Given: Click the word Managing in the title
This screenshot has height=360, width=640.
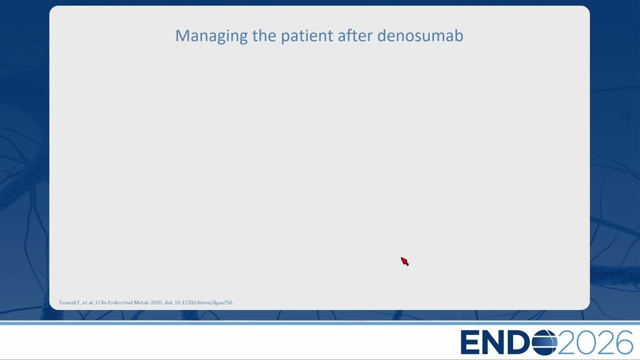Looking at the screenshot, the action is point(211,36).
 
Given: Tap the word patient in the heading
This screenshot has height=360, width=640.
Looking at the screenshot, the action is point(307,36).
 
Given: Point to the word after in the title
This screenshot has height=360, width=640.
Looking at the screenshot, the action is point(355,35).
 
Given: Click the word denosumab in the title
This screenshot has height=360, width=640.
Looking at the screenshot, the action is point(420,35).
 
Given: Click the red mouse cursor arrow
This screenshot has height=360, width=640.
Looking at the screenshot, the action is point(404,261).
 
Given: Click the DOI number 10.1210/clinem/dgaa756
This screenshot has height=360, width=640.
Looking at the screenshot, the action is point(204,302).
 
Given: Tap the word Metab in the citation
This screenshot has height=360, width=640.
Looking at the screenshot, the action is point(141,302).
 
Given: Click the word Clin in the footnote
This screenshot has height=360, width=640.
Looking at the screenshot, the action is point(102,302).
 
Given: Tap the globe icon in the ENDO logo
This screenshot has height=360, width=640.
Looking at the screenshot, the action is point(544,342).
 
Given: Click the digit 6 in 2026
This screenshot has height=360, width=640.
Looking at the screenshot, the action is point(622,342).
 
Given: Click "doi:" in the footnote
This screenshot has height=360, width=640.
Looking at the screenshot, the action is point(169,302).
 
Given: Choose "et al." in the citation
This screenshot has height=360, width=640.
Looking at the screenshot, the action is point(88,302).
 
